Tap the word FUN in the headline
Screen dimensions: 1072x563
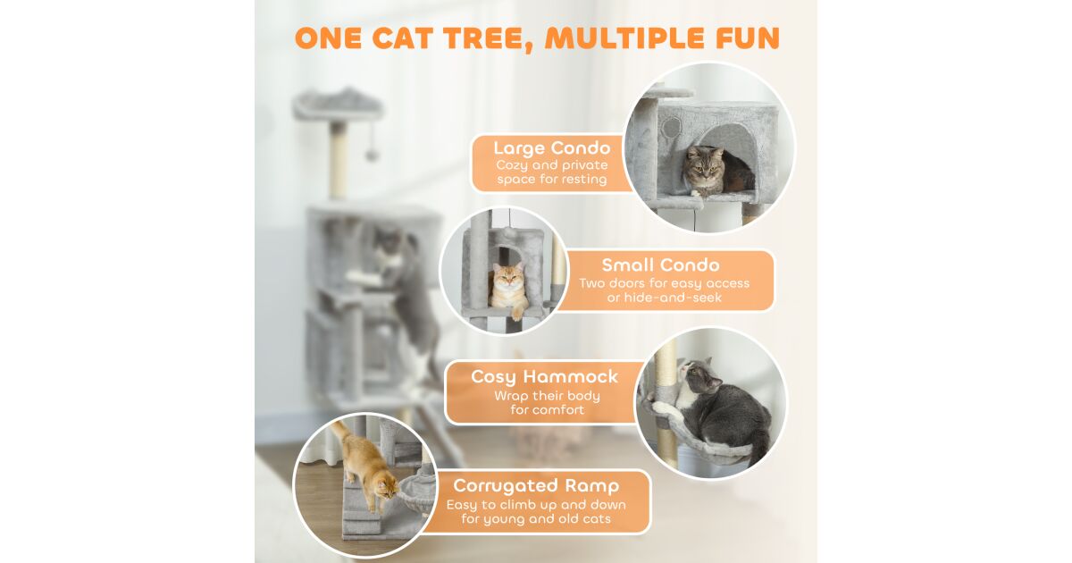748,38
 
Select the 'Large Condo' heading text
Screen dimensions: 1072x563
552,148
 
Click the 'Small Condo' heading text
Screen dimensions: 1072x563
660,265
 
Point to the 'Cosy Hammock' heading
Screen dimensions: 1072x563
545,377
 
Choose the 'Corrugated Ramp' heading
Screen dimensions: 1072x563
536,485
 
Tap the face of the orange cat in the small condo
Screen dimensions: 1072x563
508,279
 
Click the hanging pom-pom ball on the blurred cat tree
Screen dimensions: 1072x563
372,155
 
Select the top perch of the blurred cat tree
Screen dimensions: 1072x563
339,104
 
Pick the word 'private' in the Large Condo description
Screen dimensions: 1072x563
585,165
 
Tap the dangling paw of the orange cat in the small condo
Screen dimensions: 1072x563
517,314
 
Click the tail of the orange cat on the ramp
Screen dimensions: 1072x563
339,430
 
